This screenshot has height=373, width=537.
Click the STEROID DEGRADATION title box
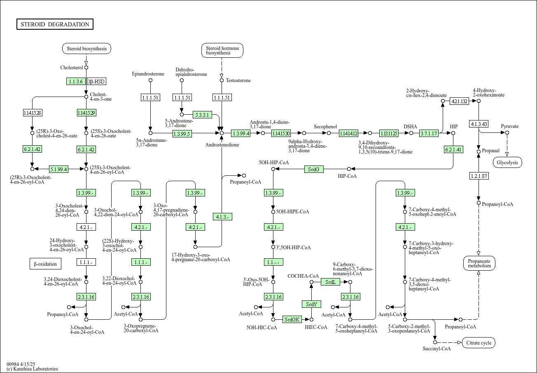(55, 24)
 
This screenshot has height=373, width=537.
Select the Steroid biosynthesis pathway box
(86, 49)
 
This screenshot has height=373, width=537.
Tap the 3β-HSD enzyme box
(96, 81)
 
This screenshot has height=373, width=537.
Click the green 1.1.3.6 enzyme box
(76, 81)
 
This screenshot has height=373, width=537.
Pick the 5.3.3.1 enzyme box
(202, 115)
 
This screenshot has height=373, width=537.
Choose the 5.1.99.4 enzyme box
(58, 169)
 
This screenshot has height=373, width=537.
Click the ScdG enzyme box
(314, 169)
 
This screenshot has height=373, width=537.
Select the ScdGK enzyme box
(292, 319)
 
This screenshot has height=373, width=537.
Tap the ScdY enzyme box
(311, 304)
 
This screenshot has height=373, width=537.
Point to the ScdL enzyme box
(330, 282)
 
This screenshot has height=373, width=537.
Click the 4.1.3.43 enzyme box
(479, 124)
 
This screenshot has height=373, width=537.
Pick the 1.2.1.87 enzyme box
(479, 176)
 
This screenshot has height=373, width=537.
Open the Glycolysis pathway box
(507, 162)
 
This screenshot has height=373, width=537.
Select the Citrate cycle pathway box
(479, 343)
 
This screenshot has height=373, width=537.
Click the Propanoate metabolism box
(479, 263)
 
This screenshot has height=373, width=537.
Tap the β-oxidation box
(45, 264)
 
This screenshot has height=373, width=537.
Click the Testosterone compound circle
(222, 80)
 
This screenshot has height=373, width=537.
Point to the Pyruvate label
(510, 126)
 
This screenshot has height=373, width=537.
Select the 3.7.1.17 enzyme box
(429, 133)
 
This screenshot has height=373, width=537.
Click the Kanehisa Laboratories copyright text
(32, 369)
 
